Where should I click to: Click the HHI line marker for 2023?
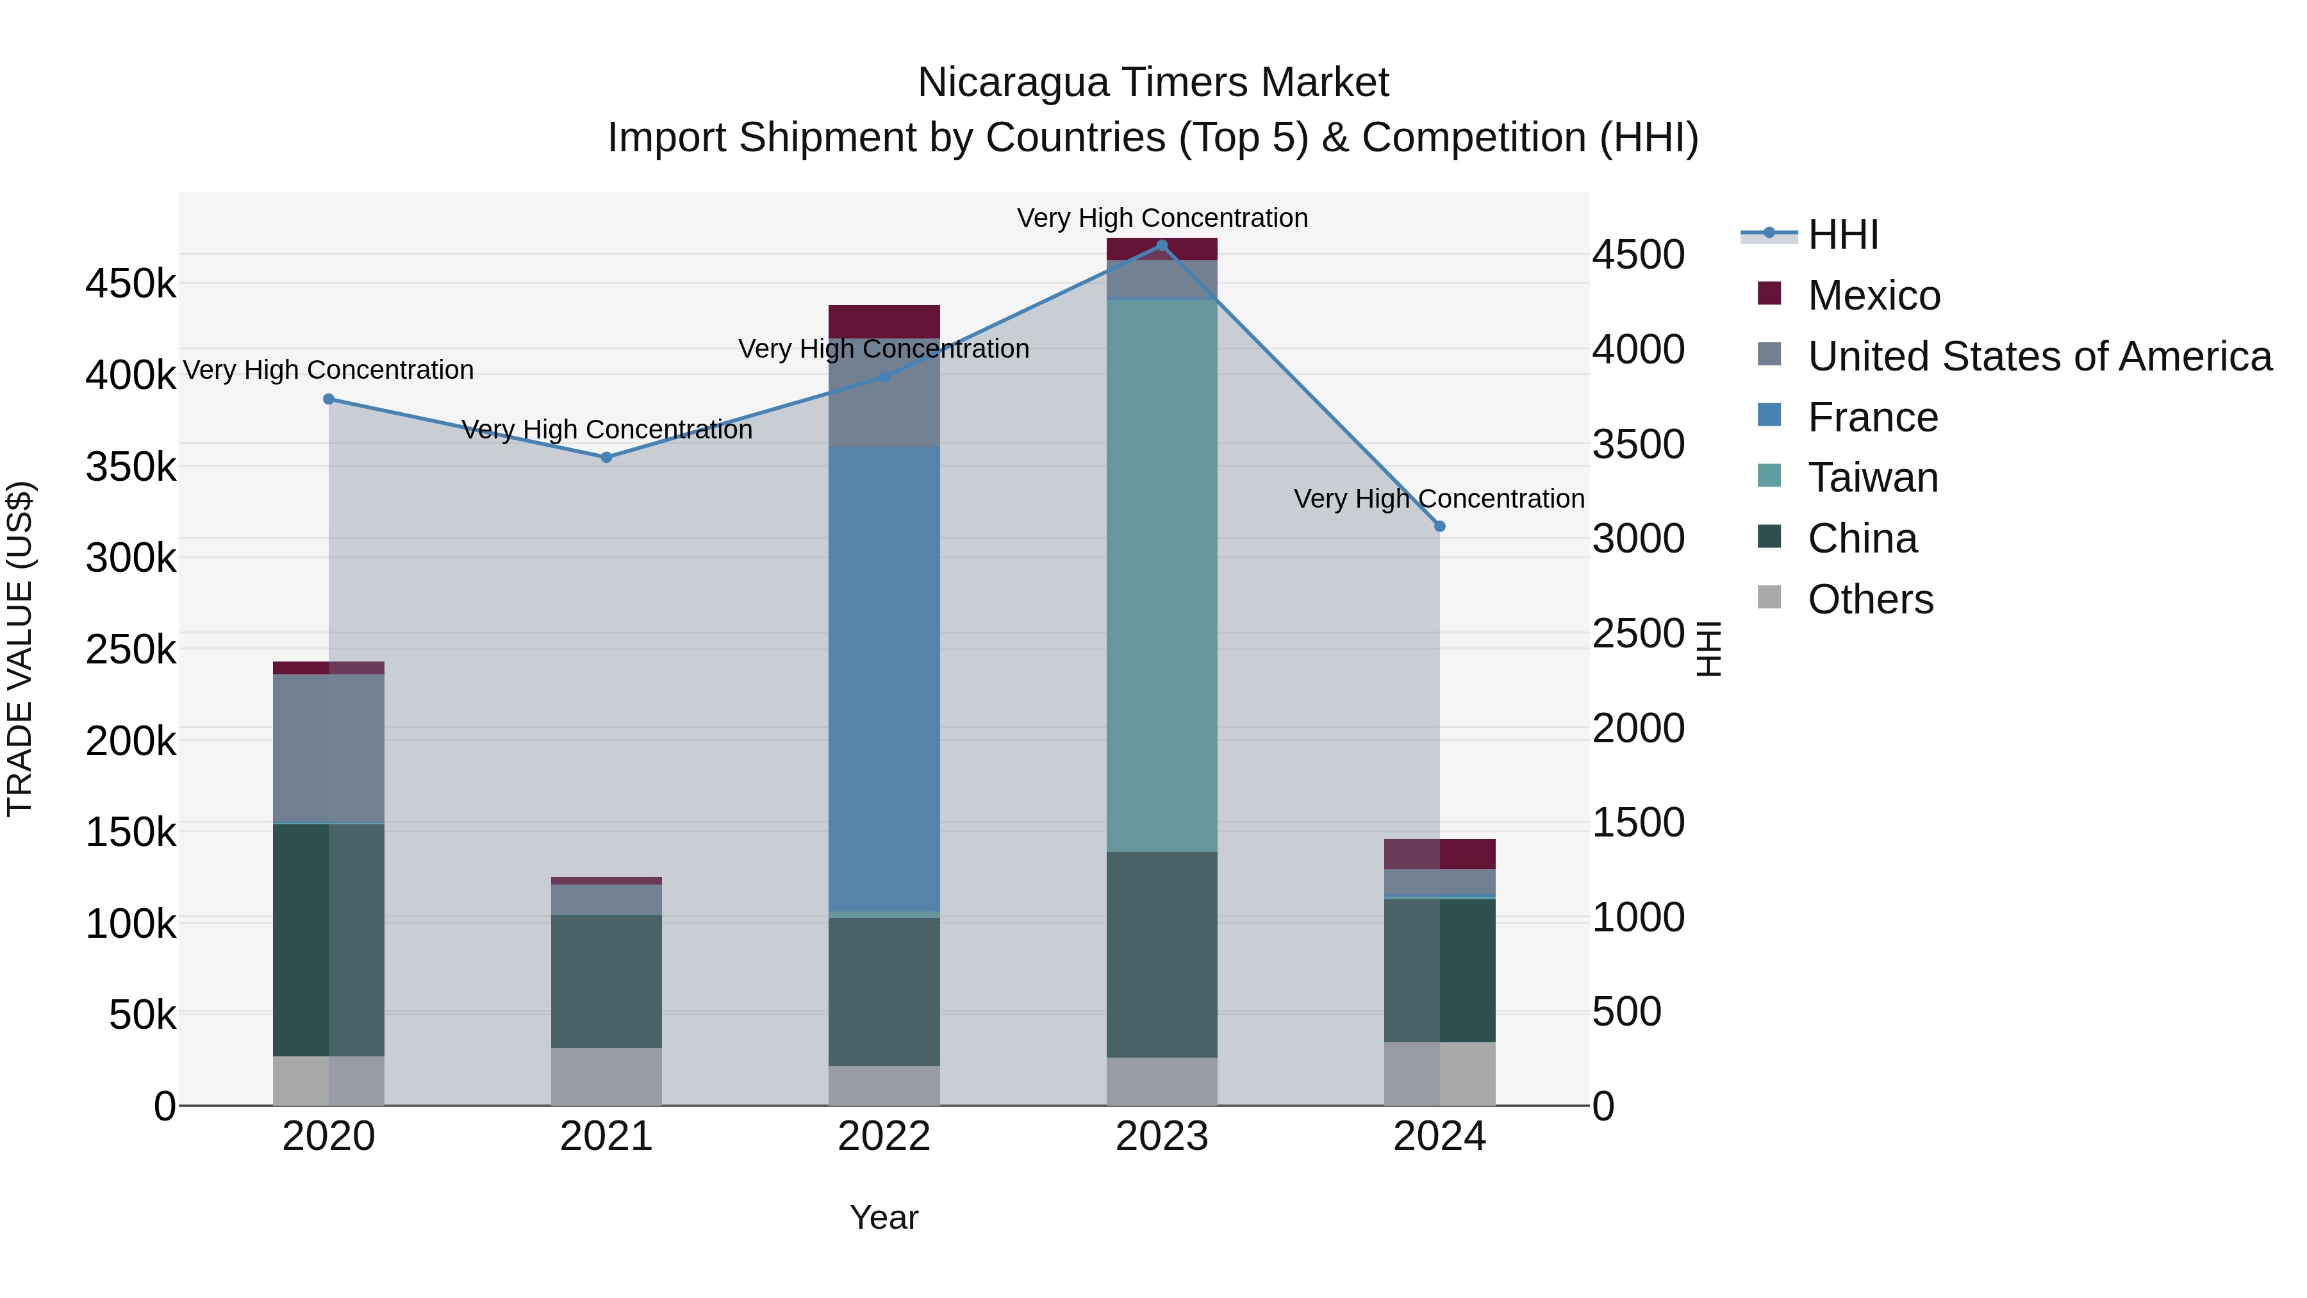pos(1162,245)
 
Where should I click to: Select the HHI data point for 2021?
pos(606,458)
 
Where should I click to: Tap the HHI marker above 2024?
pos(1440,527)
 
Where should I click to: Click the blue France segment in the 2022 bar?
pos(884,679)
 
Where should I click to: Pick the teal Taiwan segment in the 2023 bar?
pos(1162,575)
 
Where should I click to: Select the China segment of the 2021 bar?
pos(606,981)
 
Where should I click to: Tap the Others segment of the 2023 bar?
pos(1162,1081)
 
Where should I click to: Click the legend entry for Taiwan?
pos(1873,478)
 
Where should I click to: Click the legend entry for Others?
pos(1870,599)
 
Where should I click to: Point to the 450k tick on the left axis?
pos(131,284)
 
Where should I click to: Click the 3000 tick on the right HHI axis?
pos(1638,539)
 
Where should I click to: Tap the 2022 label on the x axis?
pos(884,1136)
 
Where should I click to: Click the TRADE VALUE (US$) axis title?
pos(21,649)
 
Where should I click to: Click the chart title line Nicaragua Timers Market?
pos(1153,83)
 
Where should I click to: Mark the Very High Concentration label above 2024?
pos(1439,499)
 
